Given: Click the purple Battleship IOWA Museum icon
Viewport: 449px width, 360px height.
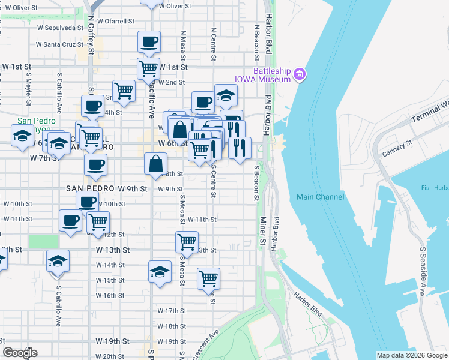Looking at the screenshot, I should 300,75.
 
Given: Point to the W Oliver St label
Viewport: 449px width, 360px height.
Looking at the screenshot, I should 175,6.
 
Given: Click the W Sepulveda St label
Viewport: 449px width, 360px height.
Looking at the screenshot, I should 59,28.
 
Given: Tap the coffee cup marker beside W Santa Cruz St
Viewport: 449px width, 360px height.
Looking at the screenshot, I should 149,43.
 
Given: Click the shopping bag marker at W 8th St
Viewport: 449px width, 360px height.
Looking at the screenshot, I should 155,164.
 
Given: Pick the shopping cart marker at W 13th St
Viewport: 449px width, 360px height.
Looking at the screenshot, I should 187,243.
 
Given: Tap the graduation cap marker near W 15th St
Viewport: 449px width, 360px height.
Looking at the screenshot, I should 160,271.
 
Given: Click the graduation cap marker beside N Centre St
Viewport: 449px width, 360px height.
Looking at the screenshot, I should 226,95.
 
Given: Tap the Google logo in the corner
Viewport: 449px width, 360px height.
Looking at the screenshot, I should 20,353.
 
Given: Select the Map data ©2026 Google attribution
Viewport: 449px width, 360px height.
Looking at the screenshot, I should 412,355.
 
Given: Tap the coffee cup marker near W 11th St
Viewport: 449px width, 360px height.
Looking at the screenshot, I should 70,221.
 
